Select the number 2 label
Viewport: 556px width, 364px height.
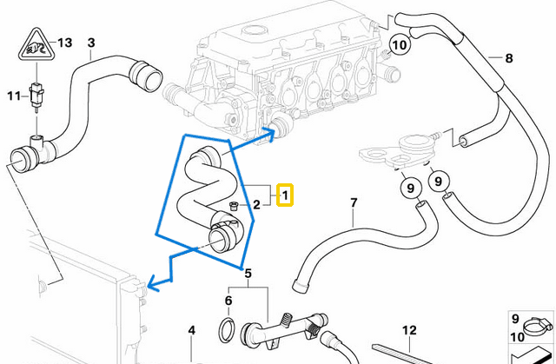click(256, 205)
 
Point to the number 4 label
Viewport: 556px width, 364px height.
click(192, 330)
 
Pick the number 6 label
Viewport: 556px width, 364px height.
click(228, 301)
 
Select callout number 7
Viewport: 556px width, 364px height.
click(354, 204)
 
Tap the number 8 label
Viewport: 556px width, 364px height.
click(509, 59)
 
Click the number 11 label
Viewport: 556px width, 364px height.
click(13, 95)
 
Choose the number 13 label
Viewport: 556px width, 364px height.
click(65, 42)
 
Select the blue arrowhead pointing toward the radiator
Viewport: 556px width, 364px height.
click(153, 281)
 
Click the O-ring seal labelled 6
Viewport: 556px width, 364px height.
click(225, 330)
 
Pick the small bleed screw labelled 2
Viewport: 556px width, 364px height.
click(233, 205)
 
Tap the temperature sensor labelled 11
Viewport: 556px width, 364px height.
click(36, 94)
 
